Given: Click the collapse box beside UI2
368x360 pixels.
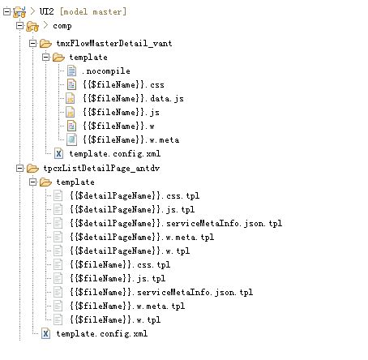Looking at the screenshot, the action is pos(6,11).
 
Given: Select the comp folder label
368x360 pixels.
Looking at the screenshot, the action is pos(62,26).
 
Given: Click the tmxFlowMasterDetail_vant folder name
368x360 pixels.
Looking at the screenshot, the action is pos(114,43).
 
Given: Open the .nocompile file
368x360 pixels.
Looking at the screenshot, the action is pos(106,71).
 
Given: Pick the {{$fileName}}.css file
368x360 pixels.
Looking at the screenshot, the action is pos(123,85).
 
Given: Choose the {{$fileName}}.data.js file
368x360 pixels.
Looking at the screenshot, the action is pos(133,99).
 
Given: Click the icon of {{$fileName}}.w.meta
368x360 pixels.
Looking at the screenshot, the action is pos(71,139).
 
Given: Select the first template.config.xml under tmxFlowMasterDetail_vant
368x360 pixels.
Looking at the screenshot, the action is pos(115,154).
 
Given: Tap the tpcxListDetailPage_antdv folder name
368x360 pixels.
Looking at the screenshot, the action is pos(101,168).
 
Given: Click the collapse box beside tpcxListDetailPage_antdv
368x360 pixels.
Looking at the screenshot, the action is pos(19,169).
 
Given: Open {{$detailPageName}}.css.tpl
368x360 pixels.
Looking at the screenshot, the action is pos(135,195).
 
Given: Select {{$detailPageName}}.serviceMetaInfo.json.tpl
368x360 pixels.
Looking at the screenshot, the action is pos(176,223).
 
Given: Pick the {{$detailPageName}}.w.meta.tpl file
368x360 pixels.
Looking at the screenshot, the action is pos(142,237).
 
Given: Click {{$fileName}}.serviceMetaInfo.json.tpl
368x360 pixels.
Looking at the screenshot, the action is pos(161,292).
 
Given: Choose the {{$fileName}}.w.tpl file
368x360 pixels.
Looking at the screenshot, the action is pos(115,319).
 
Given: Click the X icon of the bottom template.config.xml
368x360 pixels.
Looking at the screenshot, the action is pos(45,333).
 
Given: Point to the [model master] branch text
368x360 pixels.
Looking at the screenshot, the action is pos(93,11).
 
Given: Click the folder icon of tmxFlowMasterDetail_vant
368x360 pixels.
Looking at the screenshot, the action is pos(45,43).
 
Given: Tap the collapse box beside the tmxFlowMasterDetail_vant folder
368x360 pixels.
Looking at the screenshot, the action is pos(32,43).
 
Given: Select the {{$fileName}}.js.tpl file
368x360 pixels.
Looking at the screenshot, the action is pos(118,278).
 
